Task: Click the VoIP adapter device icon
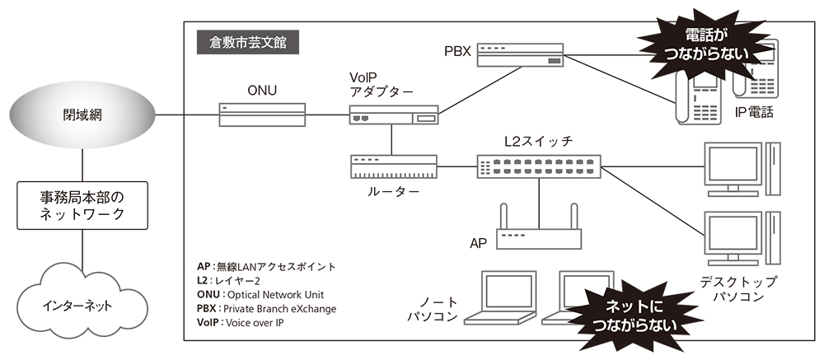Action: coord(391,116)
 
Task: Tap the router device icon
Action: coord(391,168)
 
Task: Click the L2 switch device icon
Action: coord(539,167)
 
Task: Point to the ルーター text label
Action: coord(391,192)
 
